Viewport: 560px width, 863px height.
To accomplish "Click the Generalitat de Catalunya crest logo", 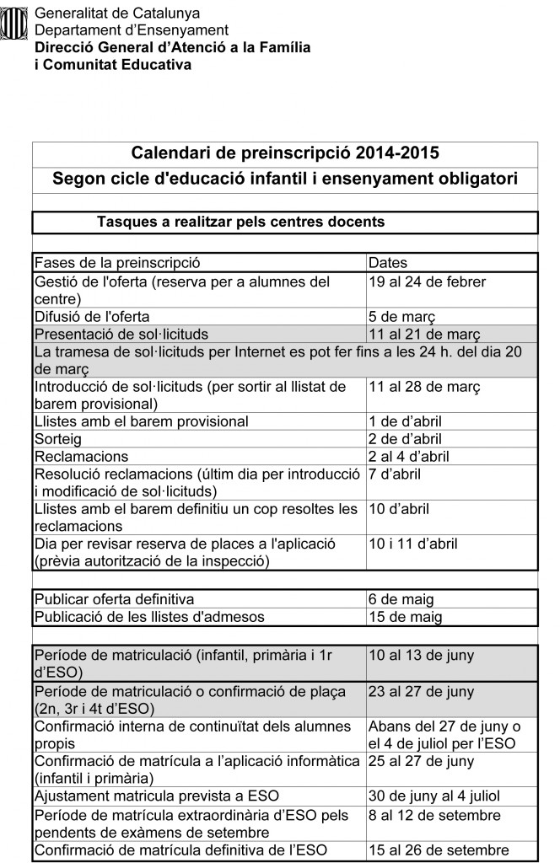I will pyautogui.click(x=14, y=24).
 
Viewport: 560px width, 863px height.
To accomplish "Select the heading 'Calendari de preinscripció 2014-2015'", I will pyautogui.click(x=285, y=153).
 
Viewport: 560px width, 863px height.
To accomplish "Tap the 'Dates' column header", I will pyautogui.click(x=388, y=263).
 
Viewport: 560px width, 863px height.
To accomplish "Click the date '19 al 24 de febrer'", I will pyautogui.click(x=427, y=281).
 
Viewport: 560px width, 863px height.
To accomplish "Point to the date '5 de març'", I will pyautogui.click(x=401, y=317).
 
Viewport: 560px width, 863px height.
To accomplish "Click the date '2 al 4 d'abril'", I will pyautogui.click(x=408, y=456).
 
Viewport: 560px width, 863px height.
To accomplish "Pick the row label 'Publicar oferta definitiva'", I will pyautogui.click(x=114, y=599).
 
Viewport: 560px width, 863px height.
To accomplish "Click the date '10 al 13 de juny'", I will pyautogui.click(x=422, y=655).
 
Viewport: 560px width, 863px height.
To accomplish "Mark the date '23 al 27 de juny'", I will pyautogui.click(x=422, y=692).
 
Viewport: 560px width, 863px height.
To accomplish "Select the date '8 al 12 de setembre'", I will pyautogui.click(x=434, y=815).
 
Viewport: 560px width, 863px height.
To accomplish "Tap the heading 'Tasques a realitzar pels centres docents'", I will pyautogui.click(x=241, y=222).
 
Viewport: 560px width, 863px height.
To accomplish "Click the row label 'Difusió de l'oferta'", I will pyautogui.click(x=92, y=317).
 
